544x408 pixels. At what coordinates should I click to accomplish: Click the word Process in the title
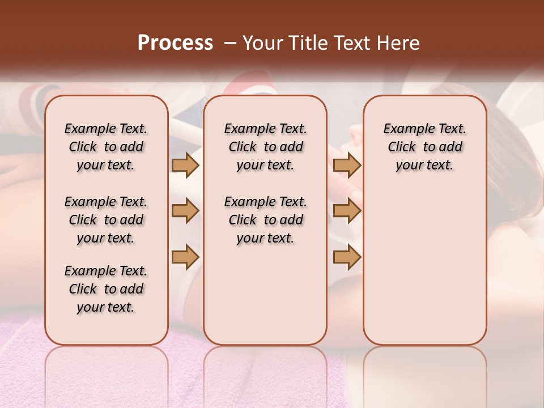[175, 43]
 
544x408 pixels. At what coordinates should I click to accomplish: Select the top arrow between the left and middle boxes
[185, 165]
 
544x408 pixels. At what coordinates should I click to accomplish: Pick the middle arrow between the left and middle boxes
[185, 211]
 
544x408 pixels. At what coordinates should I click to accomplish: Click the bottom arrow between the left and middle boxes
[185, 257]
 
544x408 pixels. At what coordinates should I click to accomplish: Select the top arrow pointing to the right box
[347, 165]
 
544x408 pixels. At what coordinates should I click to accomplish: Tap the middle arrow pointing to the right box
[347, 211]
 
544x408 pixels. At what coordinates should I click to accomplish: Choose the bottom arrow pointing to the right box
[347, 257]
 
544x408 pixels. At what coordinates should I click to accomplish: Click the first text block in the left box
[106, 147]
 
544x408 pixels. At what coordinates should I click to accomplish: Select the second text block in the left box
[106, 220]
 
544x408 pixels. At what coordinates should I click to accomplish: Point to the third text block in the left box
[106, 289]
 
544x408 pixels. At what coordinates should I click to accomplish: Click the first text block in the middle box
[265, 147]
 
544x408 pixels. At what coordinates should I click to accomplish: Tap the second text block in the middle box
[265, 220]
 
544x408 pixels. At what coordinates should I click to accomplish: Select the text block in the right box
[424, 147]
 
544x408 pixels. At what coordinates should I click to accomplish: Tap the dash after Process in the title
[230, 43]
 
